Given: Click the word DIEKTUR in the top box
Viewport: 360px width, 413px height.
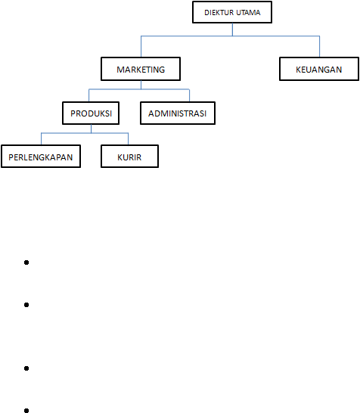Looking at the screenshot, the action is (219, 12).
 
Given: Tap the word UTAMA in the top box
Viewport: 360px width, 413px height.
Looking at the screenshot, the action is (248, 12).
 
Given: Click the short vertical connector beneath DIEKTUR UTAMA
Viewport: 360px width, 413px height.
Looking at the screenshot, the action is (232, 29).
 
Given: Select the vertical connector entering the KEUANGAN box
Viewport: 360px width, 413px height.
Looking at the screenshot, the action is (319, 46).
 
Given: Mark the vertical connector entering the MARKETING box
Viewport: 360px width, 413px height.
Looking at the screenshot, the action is (141, 46).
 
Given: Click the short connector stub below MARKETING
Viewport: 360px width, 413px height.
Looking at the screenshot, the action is (141, 85).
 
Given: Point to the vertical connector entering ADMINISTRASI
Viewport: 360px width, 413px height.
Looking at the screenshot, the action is (189, 95).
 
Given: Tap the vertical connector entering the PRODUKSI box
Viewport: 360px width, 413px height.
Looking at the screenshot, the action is (89, 95).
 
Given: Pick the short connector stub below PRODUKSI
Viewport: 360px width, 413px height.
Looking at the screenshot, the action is (91, 129).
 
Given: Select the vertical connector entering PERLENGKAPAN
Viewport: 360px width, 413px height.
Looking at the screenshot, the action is (42, 139).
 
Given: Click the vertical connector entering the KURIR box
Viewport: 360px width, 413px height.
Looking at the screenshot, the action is (129, 139).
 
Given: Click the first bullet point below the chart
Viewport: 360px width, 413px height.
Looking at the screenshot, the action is (26, 262).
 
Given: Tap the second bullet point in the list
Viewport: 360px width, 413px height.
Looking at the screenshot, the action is (26, 305).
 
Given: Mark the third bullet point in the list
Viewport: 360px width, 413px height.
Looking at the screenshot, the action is (26, 368).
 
